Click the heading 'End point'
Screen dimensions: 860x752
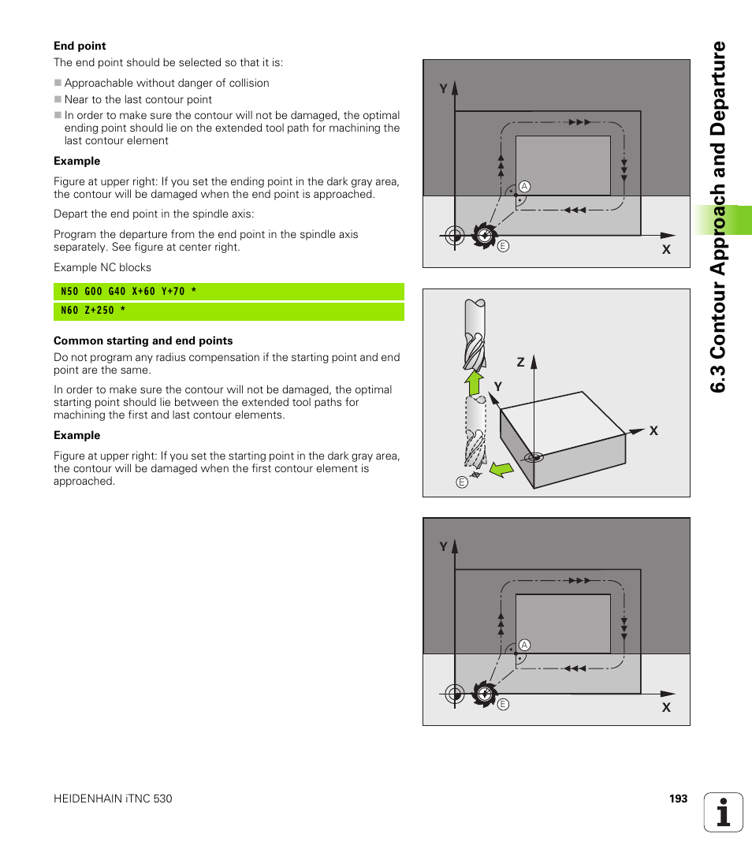[x=80, y=46]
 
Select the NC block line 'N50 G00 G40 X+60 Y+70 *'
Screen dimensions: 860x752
[x=128, y=292]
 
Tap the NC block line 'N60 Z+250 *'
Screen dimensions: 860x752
[x=93, y=311]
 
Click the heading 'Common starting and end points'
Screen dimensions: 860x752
[x=143, y=341]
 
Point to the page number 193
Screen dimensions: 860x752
[x=678, y=799]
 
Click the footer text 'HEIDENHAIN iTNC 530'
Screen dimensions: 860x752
[x=113, y=799]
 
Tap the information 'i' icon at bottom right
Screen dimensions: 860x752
[x=724, y=812]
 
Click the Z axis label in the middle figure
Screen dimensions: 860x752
[x=520, y=362]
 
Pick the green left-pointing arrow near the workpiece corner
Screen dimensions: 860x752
[x=499, y=471]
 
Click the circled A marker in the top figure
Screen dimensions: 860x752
[x=523, y=187]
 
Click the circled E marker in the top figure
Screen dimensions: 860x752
[x=503, y=246]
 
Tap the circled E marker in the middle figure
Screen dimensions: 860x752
[x=462, y=482]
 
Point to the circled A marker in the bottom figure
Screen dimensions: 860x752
[x=523, y=645]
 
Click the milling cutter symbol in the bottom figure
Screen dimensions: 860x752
[x=484, y=694]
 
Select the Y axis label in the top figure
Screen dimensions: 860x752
[x=443, y=89]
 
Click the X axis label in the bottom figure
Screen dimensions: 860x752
[x=666, y=708]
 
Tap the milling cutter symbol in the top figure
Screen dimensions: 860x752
[x=484, y=235]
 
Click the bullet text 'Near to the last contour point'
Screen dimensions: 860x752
[x=138, y=99]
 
